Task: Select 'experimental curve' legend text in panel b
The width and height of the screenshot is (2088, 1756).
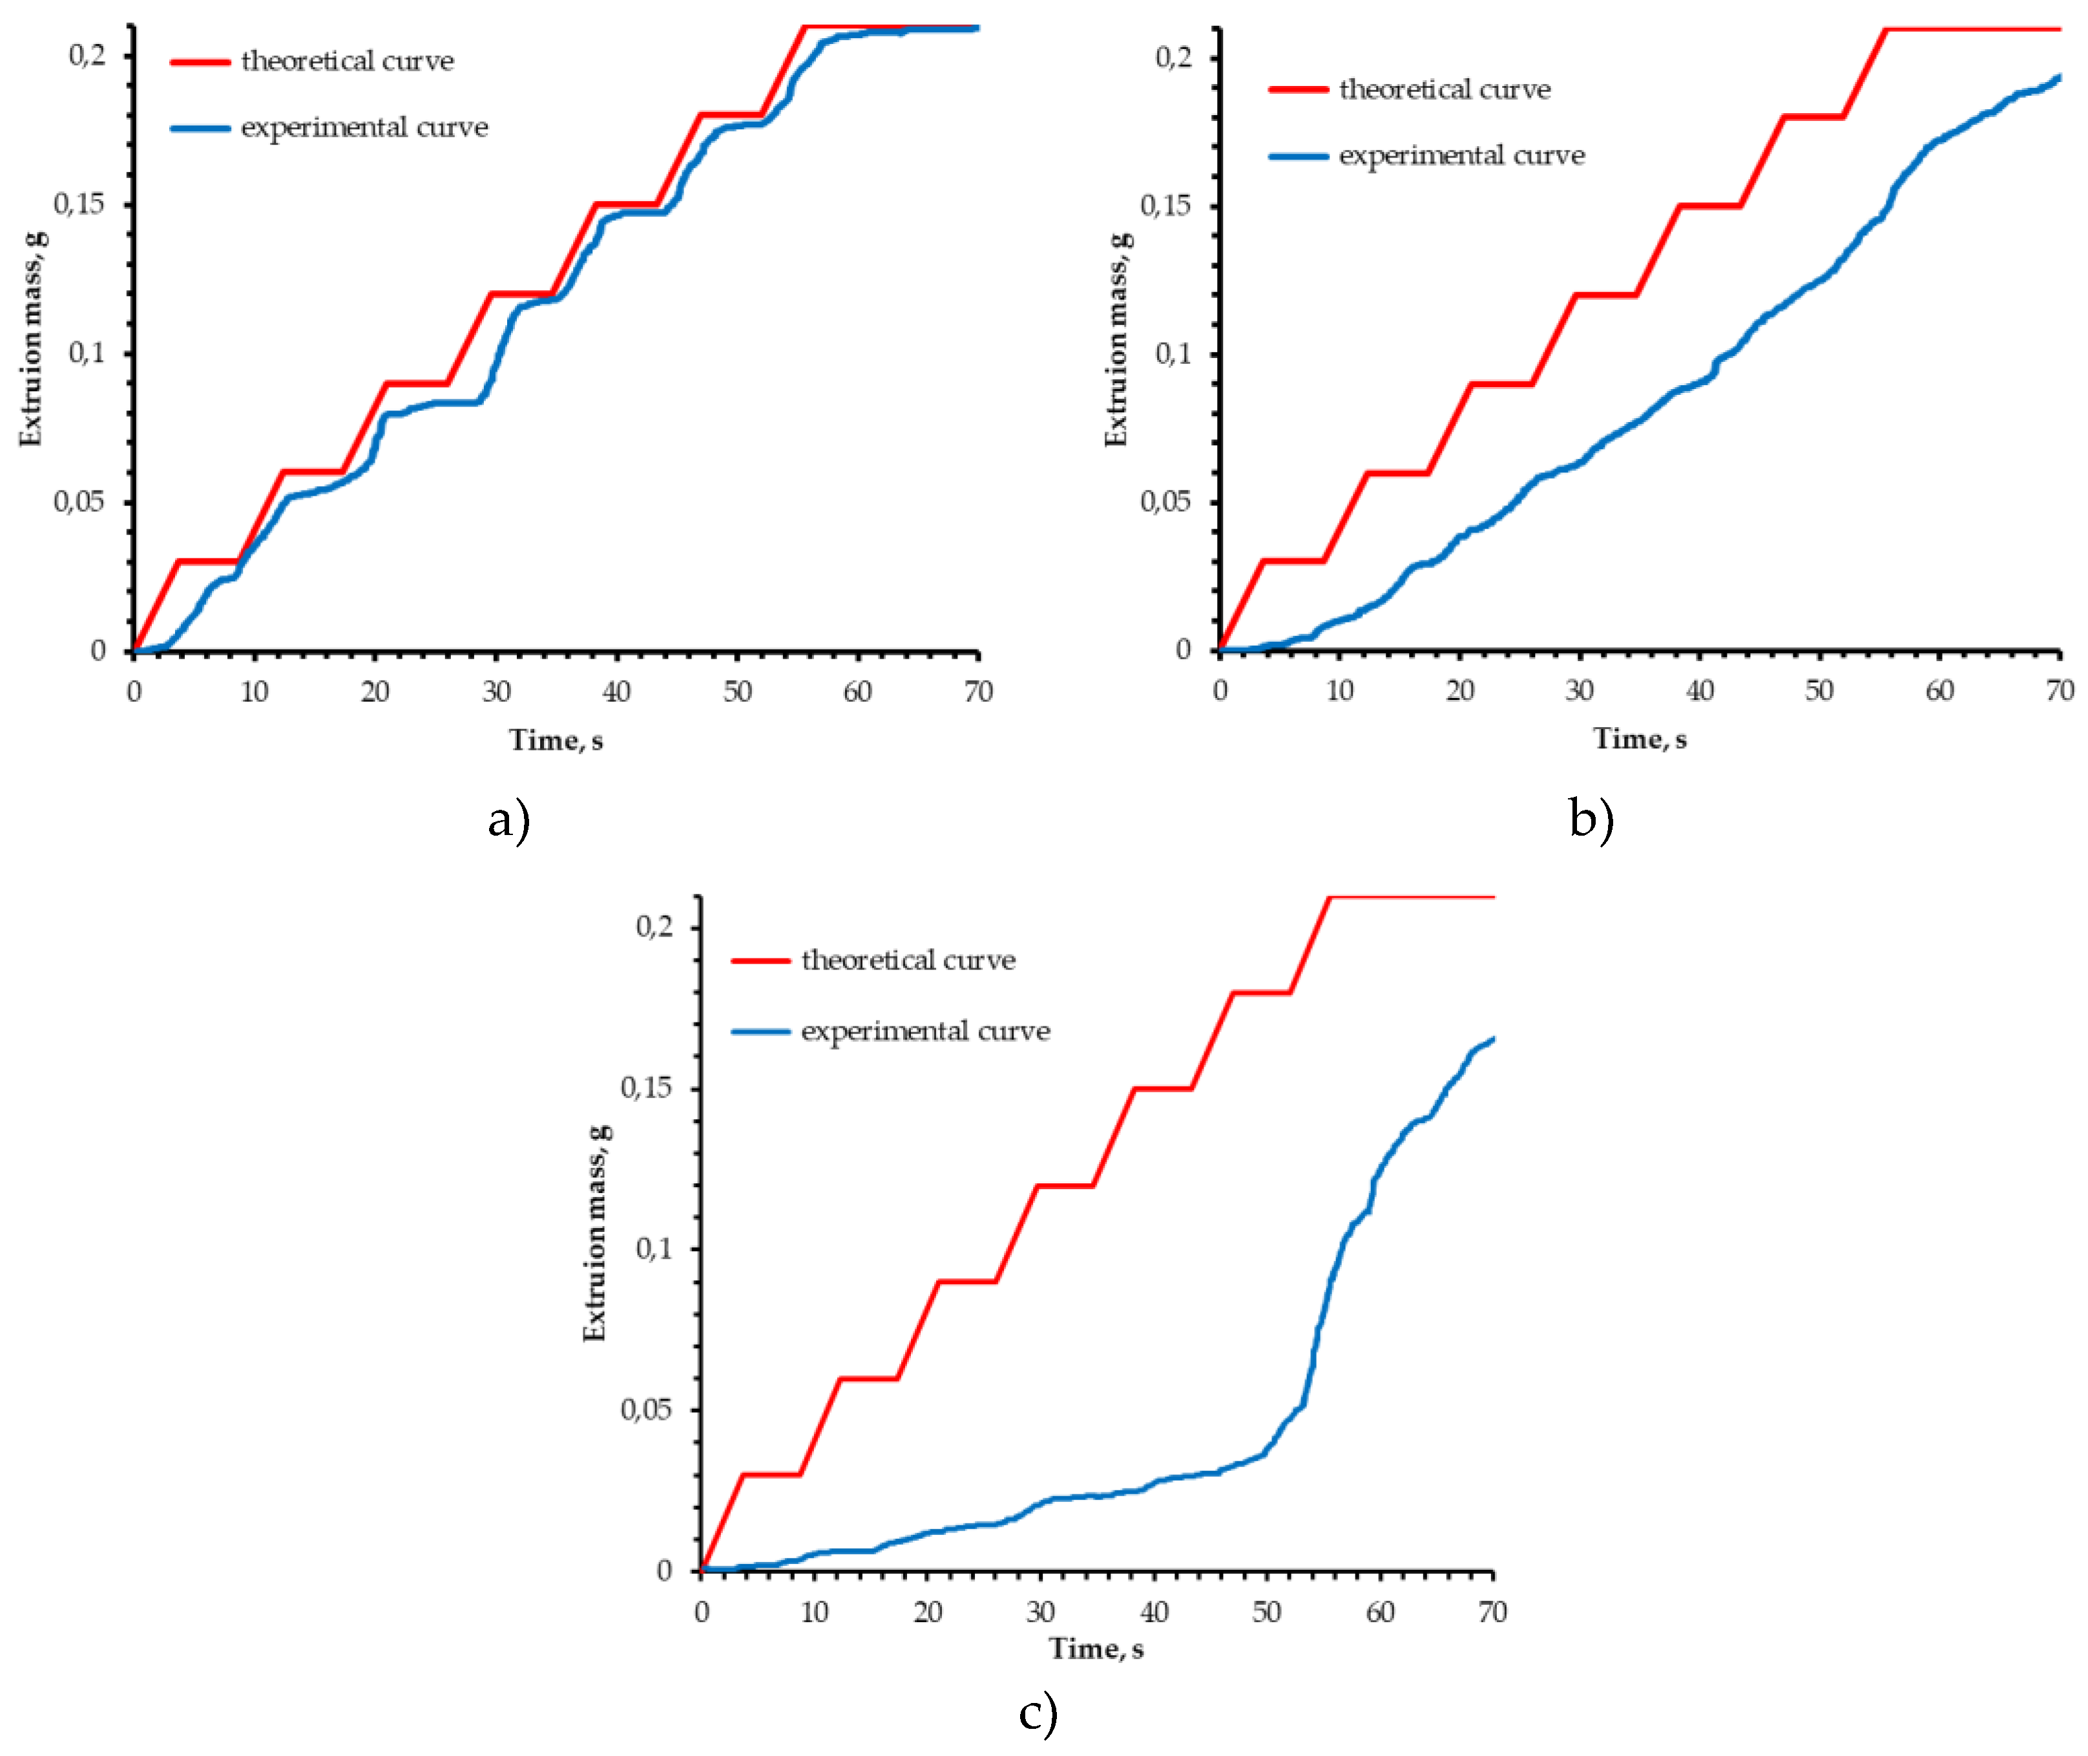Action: pos(1461,155)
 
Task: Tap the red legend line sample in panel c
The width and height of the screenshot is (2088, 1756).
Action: pos(760,960)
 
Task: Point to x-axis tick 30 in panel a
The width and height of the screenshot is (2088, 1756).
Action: pos(496,692)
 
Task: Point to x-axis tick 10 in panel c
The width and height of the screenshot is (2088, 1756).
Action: pos(814,1612)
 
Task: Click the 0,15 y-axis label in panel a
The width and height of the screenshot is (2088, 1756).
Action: pos(79,204)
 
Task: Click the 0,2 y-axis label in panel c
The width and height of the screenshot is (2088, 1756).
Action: pos(654,927)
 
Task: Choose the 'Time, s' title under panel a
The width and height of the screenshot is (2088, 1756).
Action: pos(556,739)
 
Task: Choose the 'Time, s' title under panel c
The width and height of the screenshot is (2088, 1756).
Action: pos(1096,1649)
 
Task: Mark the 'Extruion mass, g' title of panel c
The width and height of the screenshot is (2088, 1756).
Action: pos(594,1232)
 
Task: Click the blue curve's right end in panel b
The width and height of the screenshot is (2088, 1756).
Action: pos(2057,77)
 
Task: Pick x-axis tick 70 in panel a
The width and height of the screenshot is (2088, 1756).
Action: pos(977,692)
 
